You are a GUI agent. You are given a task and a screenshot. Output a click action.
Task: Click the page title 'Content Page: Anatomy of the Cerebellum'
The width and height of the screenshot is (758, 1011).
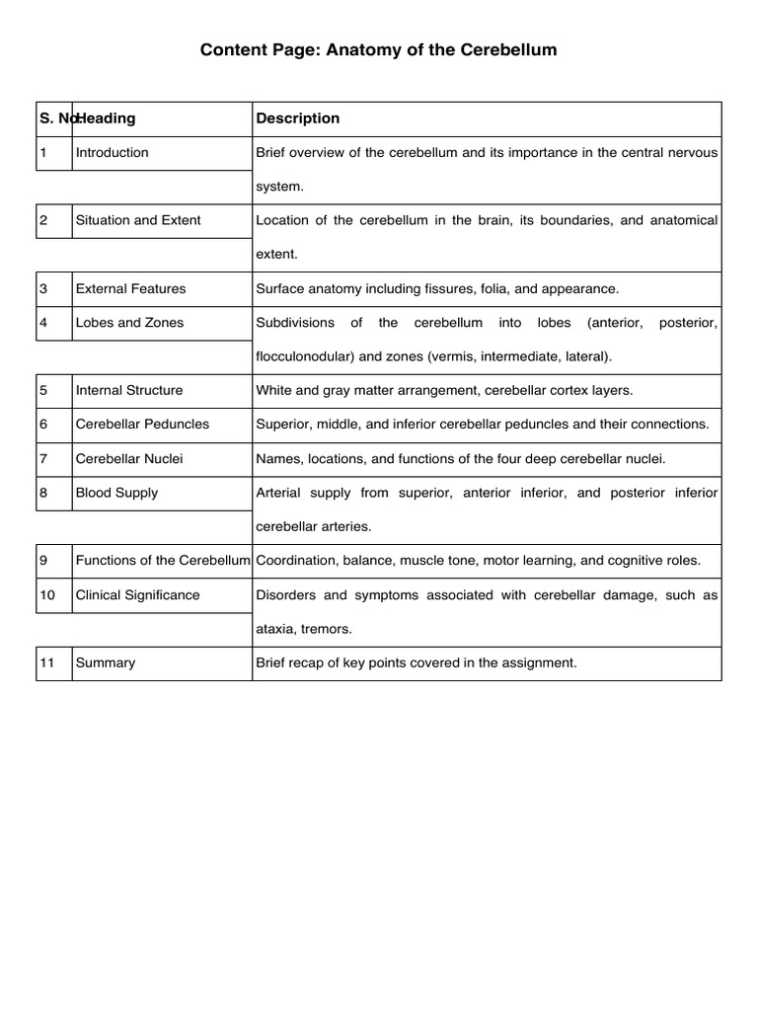[379, 49]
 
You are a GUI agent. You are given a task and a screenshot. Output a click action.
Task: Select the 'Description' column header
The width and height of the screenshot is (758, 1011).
[297, 118]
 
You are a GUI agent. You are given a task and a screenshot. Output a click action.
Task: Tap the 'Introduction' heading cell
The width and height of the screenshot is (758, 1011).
[112, 153]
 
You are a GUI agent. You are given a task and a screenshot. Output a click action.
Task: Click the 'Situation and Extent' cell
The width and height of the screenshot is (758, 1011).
[137, 220]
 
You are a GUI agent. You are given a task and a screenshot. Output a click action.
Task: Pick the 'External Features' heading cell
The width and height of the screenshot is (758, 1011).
[130, 289]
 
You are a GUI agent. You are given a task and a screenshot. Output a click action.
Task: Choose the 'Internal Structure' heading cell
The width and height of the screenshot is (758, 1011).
[128, 390]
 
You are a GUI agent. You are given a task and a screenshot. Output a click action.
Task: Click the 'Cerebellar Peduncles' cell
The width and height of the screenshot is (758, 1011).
[142, 424]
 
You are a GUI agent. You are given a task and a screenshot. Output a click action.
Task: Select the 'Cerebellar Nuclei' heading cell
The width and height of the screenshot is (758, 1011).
[128, 459]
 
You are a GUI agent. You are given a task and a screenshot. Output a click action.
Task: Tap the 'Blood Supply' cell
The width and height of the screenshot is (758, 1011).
[116, 493]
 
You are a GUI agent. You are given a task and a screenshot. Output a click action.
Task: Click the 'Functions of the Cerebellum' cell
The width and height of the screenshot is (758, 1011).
[163, 561]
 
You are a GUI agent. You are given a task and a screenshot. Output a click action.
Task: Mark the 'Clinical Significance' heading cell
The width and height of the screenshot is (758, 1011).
[137, 595]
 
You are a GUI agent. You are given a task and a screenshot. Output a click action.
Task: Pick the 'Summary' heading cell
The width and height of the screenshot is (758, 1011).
[106, 663]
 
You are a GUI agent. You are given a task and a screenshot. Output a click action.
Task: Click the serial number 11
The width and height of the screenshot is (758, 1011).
[46, 663]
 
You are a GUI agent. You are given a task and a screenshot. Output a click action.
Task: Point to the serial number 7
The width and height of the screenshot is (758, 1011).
[43, 459]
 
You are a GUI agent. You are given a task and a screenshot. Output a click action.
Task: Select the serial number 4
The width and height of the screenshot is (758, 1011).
[43, 323]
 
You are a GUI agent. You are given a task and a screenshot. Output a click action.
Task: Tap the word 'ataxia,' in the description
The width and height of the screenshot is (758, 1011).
[277, 629]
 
